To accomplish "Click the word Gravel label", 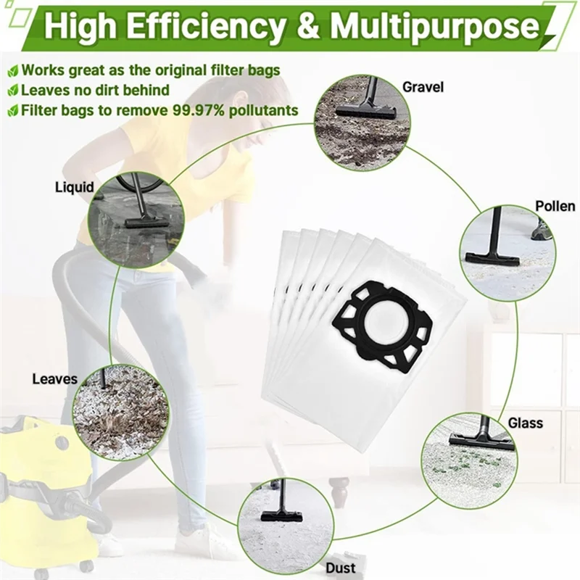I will [x=423, y=88].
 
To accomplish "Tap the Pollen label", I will [x=555, y=206].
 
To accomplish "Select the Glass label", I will [x=524, y=423].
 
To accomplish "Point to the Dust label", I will [x=340, y=568].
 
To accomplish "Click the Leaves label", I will [x=54, y=378].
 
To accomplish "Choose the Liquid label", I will [x=75, y=187].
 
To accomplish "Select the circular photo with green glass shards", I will [x=469, y=460].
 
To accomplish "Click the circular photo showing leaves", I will [x=120, y=411].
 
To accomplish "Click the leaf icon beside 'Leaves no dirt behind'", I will [x=12, y=91].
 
